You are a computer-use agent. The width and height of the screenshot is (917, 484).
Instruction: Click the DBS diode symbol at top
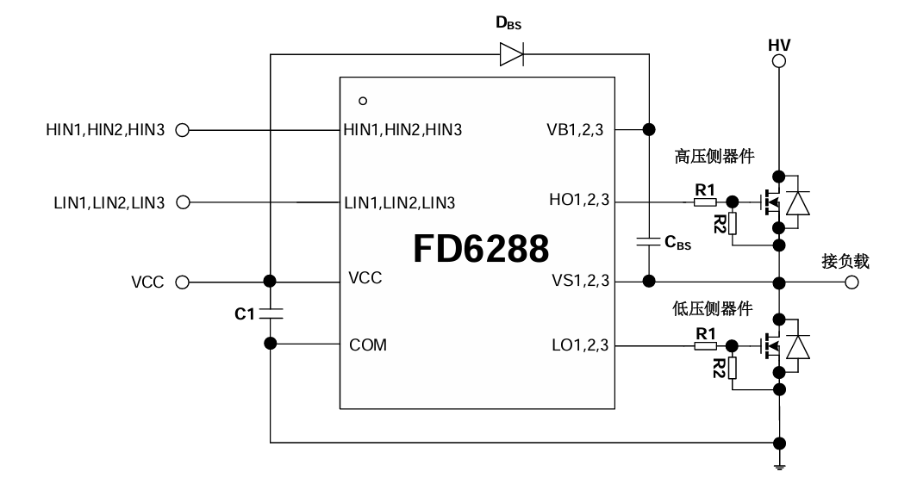pos(510,56)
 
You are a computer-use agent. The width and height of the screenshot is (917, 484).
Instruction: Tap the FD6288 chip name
pos(480,250)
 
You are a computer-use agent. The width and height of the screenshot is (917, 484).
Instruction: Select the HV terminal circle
pos(779,61)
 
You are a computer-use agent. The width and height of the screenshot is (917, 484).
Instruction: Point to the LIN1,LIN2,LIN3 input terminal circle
pos(182,203)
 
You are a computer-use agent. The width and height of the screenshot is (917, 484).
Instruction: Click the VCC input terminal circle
pos(182,282)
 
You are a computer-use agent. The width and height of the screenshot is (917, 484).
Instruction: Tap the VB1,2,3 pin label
pos(576,130)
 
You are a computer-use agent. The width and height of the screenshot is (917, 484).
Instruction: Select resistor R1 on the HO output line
pos(704,203)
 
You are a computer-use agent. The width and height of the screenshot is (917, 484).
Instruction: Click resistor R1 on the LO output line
pos(704,345)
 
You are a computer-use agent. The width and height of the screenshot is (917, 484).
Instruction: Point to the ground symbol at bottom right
pos(779,468)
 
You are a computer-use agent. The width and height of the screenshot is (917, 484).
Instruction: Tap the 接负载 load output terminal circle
pos(851,282)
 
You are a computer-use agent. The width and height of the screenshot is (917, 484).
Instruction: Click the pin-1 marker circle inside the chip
pos(363,101)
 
